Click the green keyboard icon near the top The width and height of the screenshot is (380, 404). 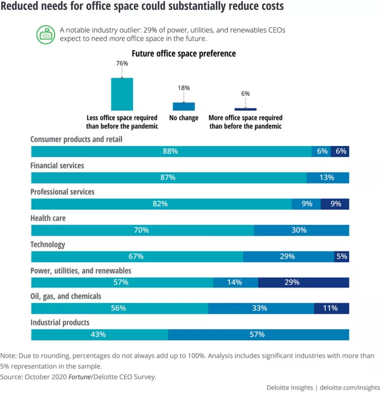coord(47,35)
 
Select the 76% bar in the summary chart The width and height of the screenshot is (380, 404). coord(122,94)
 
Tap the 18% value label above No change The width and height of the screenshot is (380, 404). coord(184,88)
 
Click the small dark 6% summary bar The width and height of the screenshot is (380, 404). coord(245,109)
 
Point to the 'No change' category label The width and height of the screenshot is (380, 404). coord(184,118)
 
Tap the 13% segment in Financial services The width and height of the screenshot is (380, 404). coord(327,178)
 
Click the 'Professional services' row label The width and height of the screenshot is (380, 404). coord(62,192)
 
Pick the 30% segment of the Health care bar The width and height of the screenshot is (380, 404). coord(301,230)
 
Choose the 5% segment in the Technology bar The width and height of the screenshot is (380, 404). coord(342,256)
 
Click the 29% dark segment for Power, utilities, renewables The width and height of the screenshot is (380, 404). coord(303,282)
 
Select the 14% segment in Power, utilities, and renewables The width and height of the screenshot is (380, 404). coord(236,282)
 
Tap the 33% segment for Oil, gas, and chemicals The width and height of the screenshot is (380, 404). coord(261,308)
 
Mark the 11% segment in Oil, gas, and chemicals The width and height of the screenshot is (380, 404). coord(331,308)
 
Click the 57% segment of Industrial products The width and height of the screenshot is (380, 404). coord(258,334)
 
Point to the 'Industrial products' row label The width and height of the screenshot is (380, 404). coord(60,322)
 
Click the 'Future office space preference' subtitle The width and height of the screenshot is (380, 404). coord(184,53)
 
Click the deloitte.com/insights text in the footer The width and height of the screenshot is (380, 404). coord(350,388)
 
